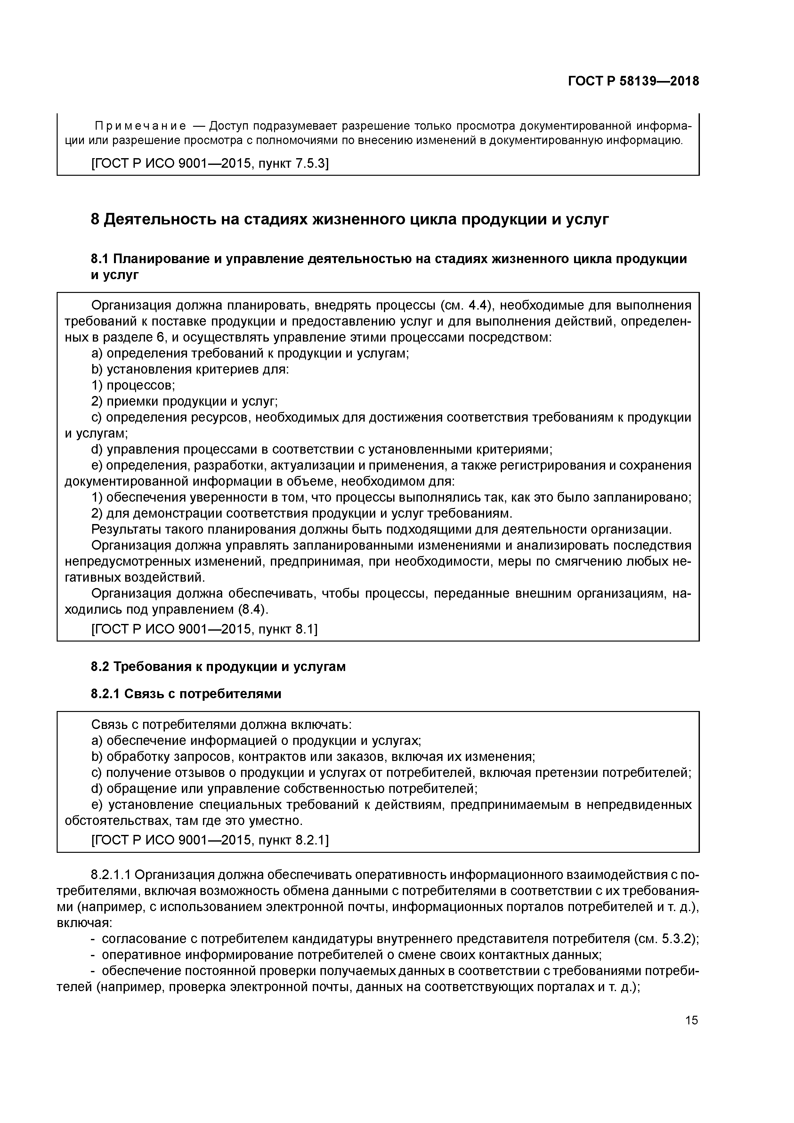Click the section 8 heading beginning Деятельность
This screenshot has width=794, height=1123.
coord(350,219)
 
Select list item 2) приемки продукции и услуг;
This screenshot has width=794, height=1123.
coord(184,401)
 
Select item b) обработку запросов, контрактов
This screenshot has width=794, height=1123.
coord(313,757)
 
